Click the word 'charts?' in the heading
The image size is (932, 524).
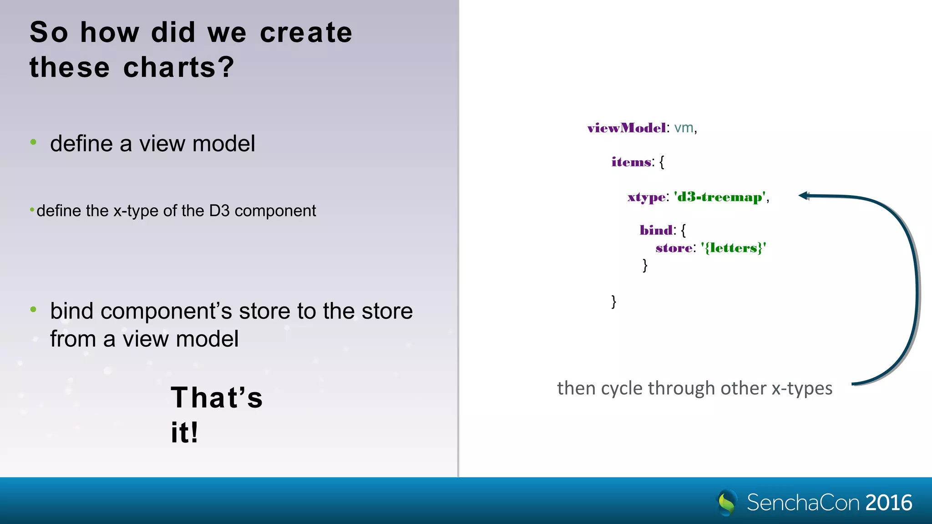178,67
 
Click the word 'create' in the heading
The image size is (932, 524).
306,33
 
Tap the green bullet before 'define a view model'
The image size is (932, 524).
33,142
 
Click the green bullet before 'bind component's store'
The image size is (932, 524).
33,310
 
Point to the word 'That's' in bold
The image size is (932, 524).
217,398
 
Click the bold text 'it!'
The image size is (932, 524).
184,432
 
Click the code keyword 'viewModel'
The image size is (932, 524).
627,128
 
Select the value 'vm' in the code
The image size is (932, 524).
684,128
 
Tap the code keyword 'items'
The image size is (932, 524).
631,162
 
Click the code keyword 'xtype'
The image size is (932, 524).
646,197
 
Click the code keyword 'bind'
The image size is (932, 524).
656,230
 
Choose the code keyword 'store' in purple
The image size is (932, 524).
674,248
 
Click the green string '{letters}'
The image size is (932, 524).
733,248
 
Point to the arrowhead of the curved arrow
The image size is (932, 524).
804,196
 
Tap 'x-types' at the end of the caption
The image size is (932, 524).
802,388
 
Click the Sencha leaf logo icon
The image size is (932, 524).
727,502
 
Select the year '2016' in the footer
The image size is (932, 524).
889,503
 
